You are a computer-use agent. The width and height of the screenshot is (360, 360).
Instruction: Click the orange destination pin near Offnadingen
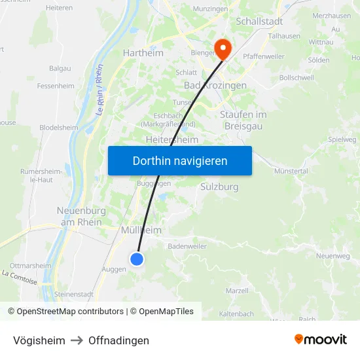pyautogui.click(x=223, y=47)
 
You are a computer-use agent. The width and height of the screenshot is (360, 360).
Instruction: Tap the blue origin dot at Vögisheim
pyautogui.click(x=137, y=259)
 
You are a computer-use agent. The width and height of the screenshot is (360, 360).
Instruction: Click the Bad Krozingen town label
pyautogui.click(x=215, y=86)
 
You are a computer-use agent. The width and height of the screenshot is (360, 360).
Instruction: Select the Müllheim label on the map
pyautogui.click(x=141, y=230)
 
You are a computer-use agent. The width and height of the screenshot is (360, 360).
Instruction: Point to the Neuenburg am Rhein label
pyautogui.click(x=80, y=217)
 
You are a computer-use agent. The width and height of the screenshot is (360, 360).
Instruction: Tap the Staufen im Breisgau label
pyautogui.click(x=243, y=120)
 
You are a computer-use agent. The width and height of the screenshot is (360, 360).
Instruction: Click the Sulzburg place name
pyautogui.click(x=218, y=187)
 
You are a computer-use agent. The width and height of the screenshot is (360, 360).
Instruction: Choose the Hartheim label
pyautogui.click(x=143, y=52)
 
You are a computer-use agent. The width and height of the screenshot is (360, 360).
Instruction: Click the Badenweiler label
pyautogui.click(x=187, y=246)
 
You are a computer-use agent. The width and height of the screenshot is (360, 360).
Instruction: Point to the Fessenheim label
pyautogui.click(x=56, y=86)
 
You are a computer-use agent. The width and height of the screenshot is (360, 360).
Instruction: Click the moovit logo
pyautogui.click(x=320, y=339)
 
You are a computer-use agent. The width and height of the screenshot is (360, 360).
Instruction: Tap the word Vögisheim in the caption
pyautogui.click(x=39, y=340)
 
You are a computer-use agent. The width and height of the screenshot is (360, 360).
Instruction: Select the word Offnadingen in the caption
pyautogui.click(x=118, y=340)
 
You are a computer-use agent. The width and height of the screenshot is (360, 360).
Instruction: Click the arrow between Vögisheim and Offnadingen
pyautogui.click(x=77, y=340)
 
